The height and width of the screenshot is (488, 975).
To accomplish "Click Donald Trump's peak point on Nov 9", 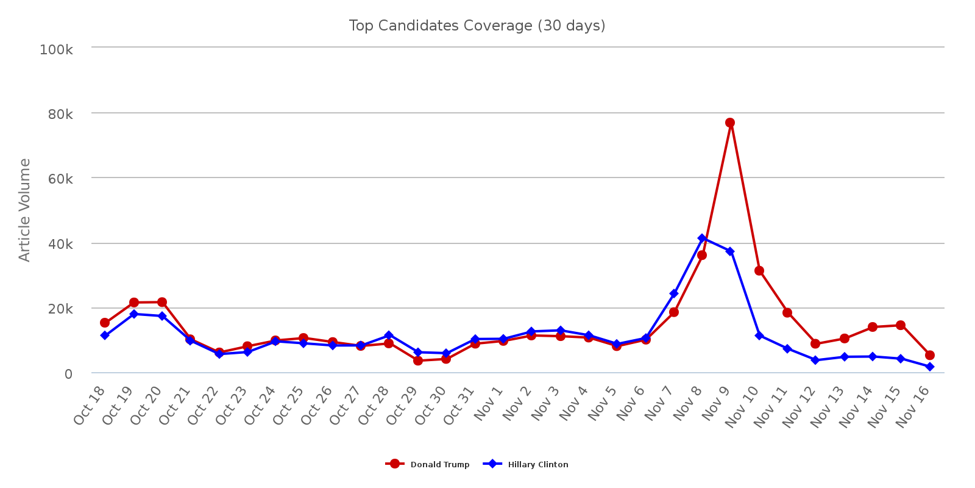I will (730, 123).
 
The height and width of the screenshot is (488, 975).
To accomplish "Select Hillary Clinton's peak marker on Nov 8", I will (702, 238).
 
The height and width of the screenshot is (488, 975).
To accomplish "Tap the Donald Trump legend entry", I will (428, 464).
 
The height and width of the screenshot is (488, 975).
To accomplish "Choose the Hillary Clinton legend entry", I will (526, 464).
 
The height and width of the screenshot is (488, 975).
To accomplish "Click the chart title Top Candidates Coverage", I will (477, 26).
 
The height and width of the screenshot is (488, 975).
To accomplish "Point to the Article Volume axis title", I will (24, 210).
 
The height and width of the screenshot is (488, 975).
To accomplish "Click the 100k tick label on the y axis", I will (56, 49).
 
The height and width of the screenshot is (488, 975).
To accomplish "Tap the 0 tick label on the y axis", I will (68, 373).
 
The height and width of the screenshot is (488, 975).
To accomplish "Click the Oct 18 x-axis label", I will (90, 406).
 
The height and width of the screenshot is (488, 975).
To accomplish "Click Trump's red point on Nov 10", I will (759, 271).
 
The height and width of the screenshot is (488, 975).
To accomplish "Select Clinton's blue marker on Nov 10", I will (759, 335).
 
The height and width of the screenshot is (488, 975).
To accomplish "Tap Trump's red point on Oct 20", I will (162, 302).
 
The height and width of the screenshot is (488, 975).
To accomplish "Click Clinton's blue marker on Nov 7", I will (674, 293).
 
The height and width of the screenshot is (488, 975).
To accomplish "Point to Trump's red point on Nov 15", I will (901, 325).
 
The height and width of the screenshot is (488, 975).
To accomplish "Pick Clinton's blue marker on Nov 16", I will (930, 367).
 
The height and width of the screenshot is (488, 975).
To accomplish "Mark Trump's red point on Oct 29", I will (418, 361).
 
